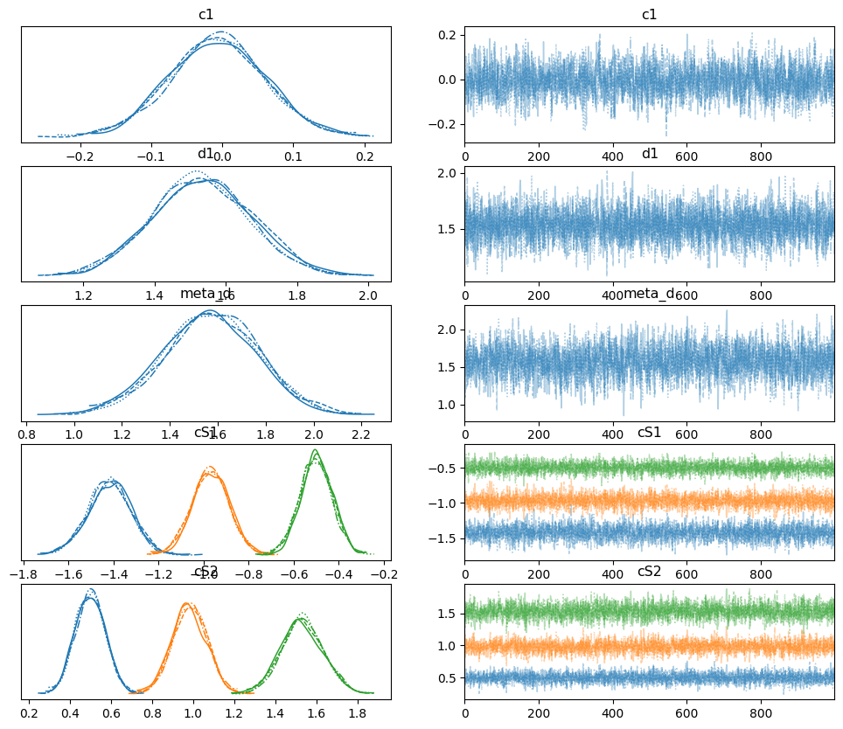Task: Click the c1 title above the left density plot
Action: coord(206,15)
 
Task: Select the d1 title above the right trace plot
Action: coord(649,155)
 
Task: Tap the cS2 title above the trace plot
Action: coord(649,572)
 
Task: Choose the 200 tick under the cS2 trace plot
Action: coord(539,713)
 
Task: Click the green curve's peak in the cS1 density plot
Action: coord(315,450)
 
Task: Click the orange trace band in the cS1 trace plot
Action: coord(649,502)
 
